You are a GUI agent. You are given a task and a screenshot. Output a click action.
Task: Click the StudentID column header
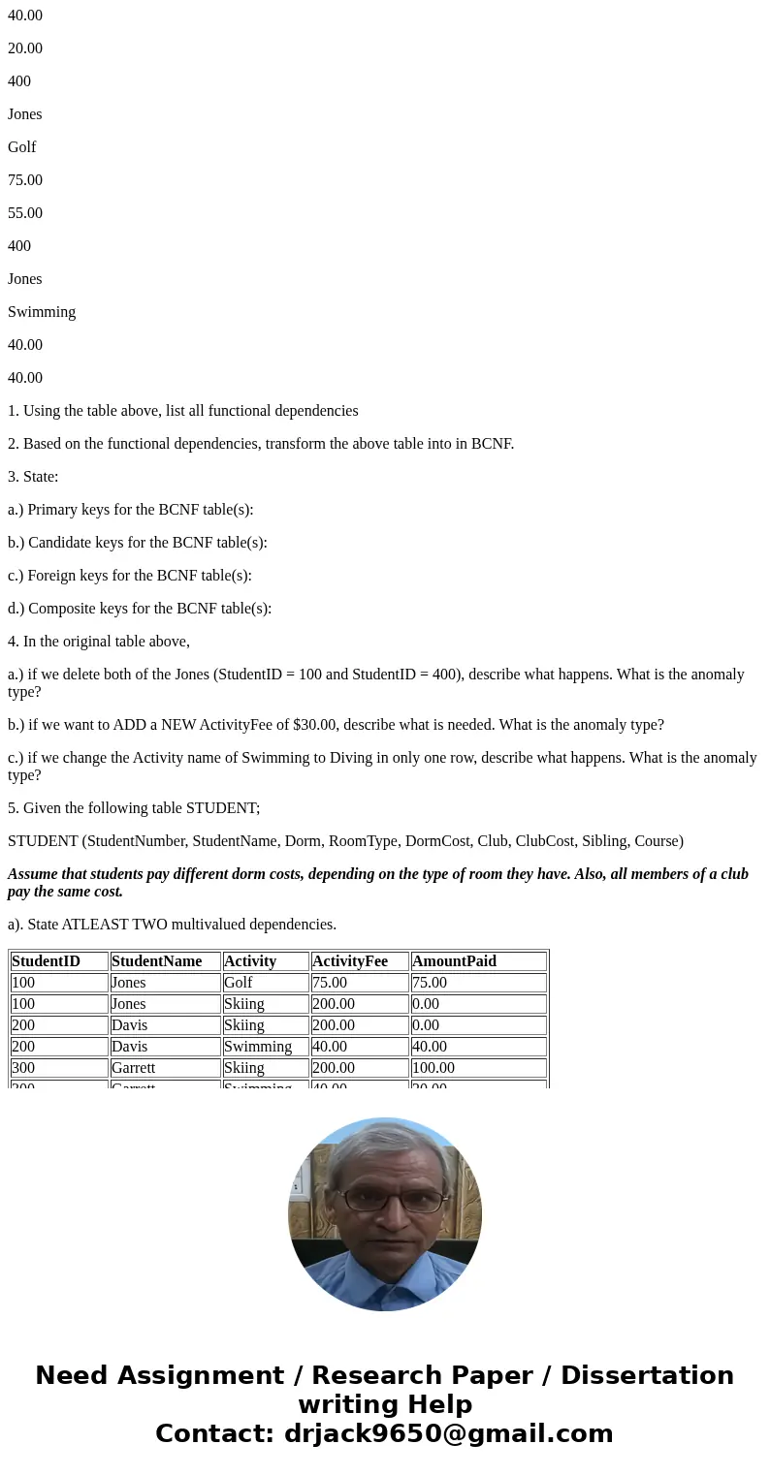click(46, 961)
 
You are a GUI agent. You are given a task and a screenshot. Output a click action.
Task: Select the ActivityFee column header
click(349, 961)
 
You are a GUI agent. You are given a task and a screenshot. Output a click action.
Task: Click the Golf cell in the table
click(238, 983)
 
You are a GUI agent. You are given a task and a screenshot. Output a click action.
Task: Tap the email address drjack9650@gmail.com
click(448, 1433)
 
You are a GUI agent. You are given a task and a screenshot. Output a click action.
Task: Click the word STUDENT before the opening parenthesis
click(43, 841)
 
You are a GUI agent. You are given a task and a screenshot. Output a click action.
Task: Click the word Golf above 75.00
click(21, 147)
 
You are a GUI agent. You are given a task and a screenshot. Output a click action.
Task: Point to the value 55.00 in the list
click(25, 213)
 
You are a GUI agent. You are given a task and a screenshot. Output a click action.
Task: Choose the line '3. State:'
click(33, 477)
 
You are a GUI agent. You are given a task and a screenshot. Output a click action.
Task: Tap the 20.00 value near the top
click(25, 48)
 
